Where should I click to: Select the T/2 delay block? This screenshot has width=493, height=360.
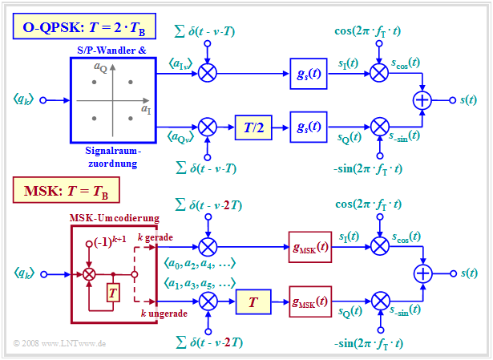tap(255, 126)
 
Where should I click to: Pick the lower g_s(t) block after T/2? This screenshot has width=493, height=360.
tap(310, 126)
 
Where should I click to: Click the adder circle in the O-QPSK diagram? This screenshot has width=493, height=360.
tap(422, 99)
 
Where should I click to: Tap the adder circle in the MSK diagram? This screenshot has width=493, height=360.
tap(422, 273)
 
